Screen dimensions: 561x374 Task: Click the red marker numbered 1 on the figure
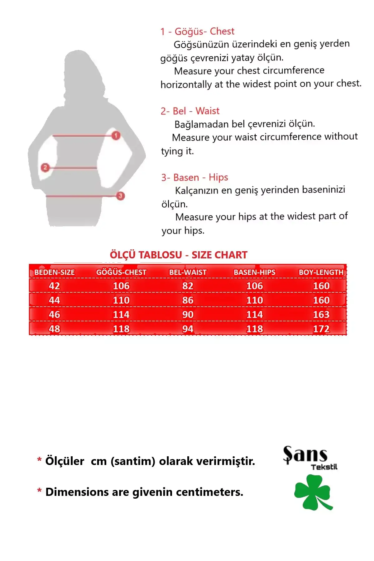116,136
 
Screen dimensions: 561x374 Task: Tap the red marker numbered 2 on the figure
45,168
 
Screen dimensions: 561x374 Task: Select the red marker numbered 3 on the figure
120,196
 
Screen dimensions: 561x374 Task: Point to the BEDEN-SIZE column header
55,272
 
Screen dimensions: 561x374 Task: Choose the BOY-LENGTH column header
321,272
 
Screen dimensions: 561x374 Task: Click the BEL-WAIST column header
188,272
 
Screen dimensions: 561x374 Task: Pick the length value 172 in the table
321,329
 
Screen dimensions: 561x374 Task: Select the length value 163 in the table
321,314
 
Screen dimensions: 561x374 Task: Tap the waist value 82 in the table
188,286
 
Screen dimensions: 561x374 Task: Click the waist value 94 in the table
188,329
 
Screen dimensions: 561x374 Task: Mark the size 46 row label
55,314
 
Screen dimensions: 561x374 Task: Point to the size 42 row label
55,286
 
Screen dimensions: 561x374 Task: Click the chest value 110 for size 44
121,300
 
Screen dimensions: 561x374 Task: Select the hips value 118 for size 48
255,329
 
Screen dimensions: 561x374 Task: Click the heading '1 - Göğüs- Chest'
197,31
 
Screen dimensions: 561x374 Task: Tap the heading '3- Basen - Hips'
194,177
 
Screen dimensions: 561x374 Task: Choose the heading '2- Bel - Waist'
190,111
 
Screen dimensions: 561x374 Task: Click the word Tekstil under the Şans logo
324,467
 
